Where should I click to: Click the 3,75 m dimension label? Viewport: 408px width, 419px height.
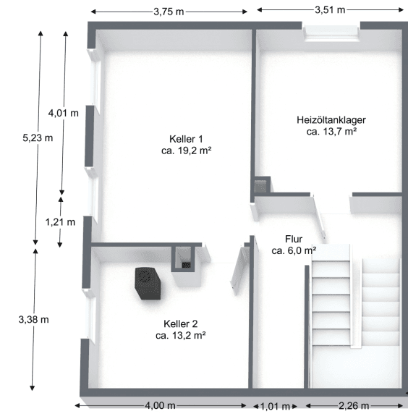point(168,12)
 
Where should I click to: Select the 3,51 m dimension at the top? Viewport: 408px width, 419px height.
point(329,10)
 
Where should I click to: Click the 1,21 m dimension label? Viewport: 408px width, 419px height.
point(60,222)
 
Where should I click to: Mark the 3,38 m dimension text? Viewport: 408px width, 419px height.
point(34,319)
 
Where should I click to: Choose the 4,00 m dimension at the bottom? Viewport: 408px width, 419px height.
point(160,406)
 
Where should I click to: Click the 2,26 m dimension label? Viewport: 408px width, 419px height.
point(354,406)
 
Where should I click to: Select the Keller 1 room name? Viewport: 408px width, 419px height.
point(186,139)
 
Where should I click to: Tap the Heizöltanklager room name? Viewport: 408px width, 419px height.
point(331,119)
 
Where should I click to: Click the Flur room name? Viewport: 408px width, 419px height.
point(293,238)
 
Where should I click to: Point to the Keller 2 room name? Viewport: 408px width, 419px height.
point(181,323)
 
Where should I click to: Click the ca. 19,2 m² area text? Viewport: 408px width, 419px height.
point(186,151)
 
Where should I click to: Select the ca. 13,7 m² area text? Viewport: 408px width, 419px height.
point(331,132)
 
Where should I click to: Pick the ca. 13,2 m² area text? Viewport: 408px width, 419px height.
point(181,336)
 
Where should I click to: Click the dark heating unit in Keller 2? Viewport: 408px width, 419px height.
point(148,282)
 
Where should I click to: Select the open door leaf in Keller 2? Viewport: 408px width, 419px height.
point(239,268)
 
